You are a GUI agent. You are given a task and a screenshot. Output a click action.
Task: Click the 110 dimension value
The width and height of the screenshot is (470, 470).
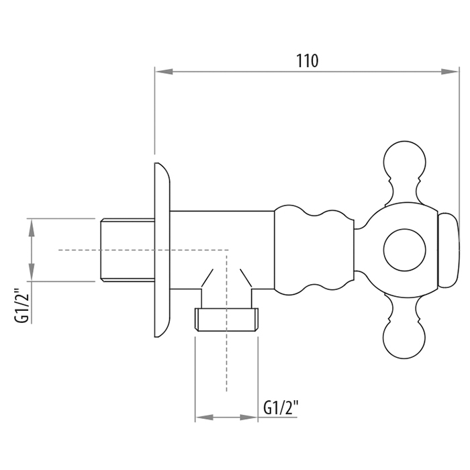(x=308, y=61)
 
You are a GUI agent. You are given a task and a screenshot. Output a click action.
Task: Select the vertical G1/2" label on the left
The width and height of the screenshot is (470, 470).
(x=22, y=305)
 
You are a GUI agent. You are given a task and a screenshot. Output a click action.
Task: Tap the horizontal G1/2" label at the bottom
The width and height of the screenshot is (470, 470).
(x=281, y=408)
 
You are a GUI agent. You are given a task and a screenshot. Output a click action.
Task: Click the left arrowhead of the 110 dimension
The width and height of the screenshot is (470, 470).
(x=164, y=72)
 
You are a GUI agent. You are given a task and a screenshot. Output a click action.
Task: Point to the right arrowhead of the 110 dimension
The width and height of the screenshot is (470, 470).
(x=450, y=72)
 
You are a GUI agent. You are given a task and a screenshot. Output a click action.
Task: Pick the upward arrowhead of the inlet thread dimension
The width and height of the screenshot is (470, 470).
(x=32, y=228)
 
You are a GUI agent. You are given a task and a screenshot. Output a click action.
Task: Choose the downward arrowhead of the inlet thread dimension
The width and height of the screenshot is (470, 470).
(x=32, y=272)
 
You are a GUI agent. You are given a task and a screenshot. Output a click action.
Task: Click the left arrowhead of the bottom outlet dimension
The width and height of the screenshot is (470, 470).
(x=204, y=417)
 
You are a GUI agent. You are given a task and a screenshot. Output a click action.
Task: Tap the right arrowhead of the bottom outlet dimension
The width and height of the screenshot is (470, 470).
(x=249, y=417)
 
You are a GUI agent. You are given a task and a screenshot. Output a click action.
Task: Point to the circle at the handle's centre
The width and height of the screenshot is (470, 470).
(x=405, y=250)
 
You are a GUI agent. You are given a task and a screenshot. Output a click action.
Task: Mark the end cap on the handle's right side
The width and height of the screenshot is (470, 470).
(x=449, y=250)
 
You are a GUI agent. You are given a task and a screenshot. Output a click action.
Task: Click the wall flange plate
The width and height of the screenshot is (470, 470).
(x=162, y=250)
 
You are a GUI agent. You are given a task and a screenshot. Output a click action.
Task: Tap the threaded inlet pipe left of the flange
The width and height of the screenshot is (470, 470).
(x=128, y=250)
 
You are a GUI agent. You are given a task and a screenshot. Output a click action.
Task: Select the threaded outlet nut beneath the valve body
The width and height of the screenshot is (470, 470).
(x=226, y=320)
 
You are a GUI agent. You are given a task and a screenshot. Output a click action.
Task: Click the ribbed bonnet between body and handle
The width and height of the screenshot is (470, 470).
(x=314, y=250)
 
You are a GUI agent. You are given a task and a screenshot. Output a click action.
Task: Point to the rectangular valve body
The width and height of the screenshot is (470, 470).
(x=222, y=250)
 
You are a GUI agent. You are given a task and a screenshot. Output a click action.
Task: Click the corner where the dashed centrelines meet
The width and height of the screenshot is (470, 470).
(x=227, y=250)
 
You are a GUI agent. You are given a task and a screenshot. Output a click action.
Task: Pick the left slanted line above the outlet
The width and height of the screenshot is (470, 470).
(x=207, y=278)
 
